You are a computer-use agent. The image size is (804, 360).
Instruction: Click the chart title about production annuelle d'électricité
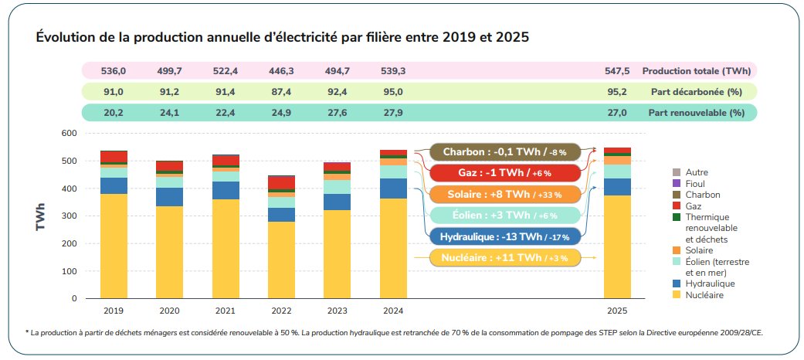point(282,37)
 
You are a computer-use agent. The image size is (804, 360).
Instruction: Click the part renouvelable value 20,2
point(114,113)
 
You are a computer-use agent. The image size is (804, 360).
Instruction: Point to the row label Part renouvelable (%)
point(696,113)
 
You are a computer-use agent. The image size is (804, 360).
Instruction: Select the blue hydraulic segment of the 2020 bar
point(169,197)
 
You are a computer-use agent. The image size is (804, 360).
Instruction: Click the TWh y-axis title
point(39,216)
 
